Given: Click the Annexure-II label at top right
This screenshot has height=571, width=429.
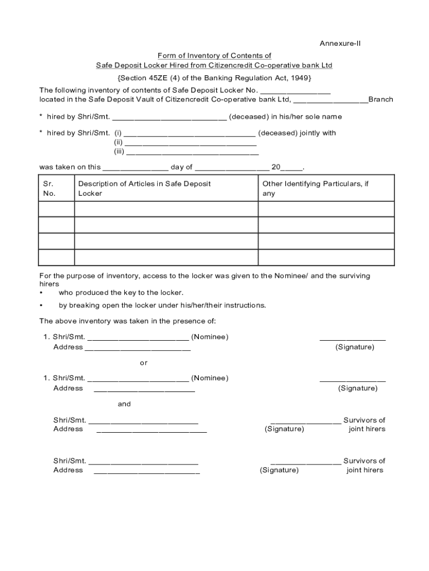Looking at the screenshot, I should [340, 43].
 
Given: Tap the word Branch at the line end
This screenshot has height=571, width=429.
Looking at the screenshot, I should [381, 100].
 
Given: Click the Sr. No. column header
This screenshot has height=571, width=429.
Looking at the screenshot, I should [50, 188].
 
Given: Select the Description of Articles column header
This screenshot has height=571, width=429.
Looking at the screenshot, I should [144, 188].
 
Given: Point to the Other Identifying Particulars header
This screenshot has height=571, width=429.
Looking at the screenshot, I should [315, 188].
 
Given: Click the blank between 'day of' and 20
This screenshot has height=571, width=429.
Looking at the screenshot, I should [232, 168].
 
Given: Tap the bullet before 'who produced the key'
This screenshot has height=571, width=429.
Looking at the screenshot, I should [41, 293].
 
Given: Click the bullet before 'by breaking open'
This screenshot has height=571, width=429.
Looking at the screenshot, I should [41, 306].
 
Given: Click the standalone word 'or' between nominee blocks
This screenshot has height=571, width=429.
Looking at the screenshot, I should [144, 363].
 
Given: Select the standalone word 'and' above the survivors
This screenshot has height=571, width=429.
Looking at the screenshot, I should [124, 404].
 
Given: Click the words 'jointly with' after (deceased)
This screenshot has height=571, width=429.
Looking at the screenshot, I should [318, 133].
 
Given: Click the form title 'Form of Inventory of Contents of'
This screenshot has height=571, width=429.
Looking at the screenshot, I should [214, 56].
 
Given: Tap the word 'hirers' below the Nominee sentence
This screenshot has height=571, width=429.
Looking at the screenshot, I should [49, 284].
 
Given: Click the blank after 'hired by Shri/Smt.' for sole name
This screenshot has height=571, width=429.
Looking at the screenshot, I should [169, 118].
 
